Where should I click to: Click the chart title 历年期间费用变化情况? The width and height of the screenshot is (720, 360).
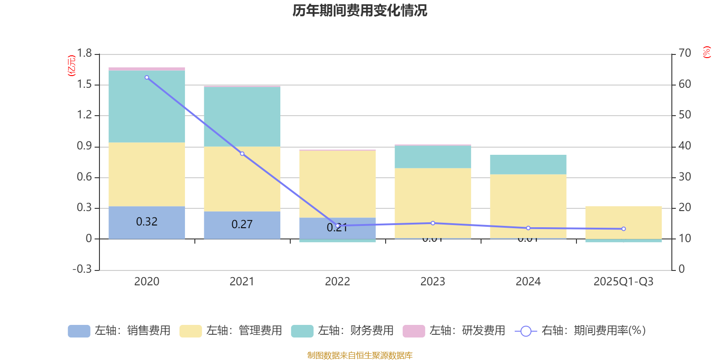(x=360, y=10)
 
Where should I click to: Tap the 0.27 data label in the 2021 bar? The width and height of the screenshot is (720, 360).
(x=242, y=224)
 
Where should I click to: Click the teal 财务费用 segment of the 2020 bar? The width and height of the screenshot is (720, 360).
(x=147, y=107)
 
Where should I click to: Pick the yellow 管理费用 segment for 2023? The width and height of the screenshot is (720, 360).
(x=432, y=202)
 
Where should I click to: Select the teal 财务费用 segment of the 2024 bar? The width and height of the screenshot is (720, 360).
(x=528, y=165)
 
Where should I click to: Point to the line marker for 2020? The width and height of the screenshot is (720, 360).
(x=147, y=77)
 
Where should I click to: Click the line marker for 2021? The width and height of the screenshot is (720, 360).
(x=242, y=154)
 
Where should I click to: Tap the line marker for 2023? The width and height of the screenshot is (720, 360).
(x=433, y=223)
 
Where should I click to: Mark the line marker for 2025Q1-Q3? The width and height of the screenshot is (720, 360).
(x=623, y=229)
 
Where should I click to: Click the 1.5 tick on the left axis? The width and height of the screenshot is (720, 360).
(x=84, y=85)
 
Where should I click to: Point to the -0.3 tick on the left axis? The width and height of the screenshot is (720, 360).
(x=82, y=269)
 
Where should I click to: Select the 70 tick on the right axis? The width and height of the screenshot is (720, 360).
(x=684, y=54)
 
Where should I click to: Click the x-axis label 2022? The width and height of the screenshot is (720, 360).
(x=337, y=282)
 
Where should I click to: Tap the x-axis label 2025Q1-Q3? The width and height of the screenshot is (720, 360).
(x=623, y=282)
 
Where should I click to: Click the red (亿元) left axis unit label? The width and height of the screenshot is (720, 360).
(x=71, y=66)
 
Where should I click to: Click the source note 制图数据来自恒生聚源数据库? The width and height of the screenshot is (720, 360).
(x=360, y=355)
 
